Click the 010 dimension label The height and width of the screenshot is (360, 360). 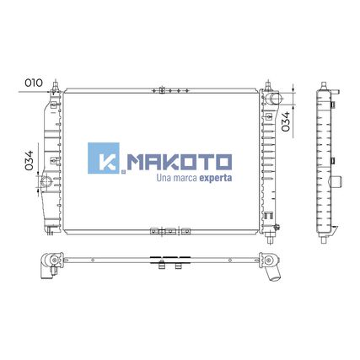(x=34, y=83)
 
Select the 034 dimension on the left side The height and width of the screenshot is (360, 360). (x=29, y=160)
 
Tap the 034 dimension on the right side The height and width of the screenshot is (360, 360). (x=286, y=121)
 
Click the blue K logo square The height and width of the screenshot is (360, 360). (x=104, y=158)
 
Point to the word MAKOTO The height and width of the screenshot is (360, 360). (x=180, y=162)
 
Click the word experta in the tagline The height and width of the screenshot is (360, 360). (x=216, y=178)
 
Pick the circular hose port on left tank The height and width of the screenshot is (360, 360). (x=46, y=181)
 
